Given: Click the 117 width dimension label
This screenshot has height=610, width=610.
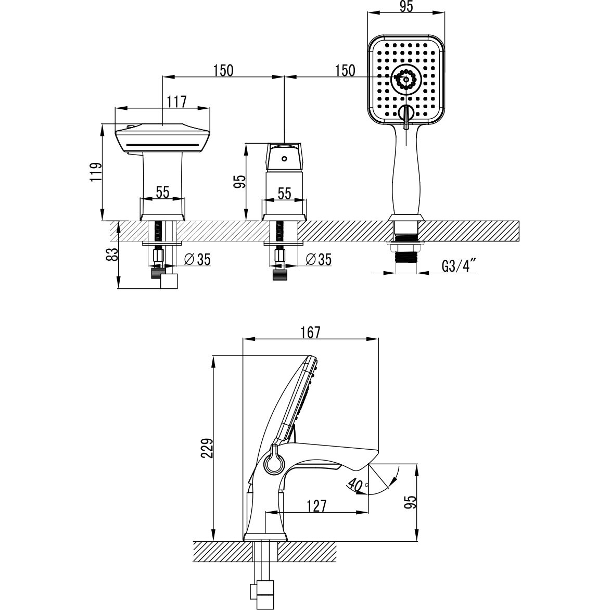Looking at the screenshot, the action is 177,102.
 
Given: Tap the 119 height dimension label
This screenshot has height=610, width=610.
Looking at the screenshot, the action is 96,172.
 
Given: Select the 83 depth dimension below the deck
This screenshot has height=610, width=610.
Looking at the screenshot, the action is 112,255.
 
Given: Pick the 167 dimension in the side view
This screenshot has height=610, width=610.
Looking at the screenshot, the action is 310,333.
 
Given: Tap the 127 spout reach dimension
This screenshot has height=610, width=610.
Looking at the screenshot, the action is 315,506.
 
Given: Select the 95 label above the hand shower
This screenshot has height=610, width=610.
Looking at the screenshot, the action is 406,7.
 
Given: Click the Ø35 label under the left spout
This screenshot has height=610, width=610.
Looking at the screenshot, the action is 198,259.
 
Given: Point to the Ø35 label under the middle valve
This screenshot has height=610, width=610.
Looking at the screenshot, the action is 319,259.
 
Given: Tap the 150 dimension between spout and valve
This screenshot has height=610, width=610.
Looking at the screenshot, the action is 223,71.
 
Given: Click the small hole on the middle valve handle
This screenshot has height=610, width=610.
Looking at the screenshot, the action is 284,159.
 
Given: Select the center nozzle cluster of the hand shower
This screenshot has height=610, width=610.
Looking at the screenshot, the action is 406,80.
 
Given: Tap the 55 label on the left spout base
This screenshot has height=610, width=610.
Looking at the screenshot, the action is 162,193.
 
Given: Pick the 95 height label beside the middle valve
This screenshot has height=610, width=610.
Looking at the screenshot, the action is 241,181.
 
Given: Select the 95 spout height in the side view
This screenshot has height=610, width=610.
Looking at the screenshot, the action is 411,502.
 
